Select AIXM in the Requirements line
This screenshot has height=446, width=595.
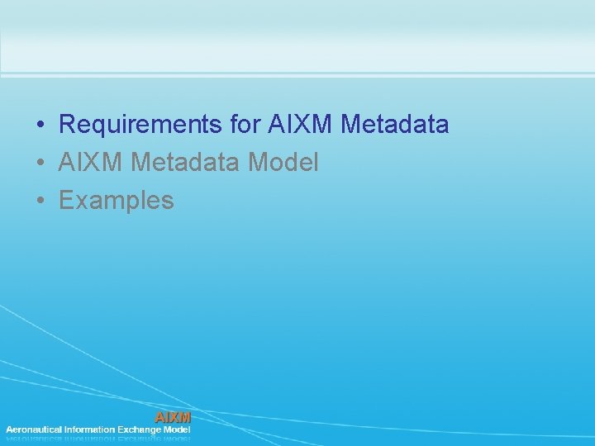pyautogui.click(x=301, y=125)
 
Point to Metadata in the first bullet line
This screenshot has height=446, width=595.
pyautogui.click(x=395, y=125)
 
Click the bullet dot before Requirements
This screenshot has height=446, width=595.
pyautogui.click(x=40, y=126)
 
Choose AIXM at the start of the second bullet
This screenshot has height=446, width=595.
pyautogui.click(x=91, y=163)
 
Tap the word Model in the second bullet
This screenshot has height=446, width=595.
pyautogui.click(x=283, y=163)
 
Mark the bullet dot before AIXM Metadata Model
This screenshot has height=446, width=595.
pyautogui.click(x=40, y=164)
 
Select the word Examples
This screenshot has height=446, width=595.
pyautogui.click(x=117, y=201)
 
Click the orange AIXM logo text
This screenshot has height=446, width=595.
pyautogui.click(x=173, y=417)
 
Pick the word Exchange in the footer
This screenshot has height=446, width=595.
pyautogui.click(x=140, y=429)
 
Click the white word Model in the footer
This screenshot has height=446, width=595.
pyautogui.click(x=178, y=429)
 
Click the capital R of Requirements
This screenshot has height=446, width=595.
pyautogui.click(x=67, y=125)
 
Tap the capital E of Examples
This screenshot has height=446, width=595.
pyautogui.click(x=66, y=201)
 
